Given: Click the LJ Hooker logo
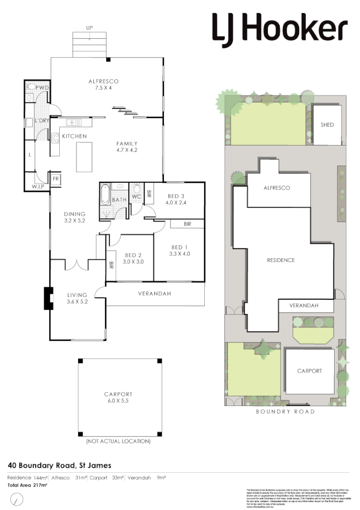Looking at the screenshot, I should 279,28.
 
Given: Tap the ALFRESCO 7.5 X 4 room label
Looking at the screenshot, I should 103,85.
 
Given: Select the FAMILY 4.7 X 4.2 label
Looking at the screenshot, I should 127,147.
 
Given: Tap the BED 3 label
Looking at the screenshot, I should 176,199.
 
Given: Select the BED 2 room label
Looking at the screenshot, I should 133,258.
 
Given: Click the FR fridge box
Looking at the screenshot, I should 55,178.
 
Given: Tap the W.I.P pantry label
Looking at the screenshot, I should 38,187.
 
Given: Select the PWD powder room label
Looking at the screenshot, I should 43,87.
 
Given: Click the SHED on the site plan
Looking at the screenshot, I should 327,125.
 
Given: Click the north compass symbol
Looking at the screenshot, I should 18,499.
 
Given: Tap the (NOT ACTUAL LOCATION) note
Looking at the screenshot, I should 119,441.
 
